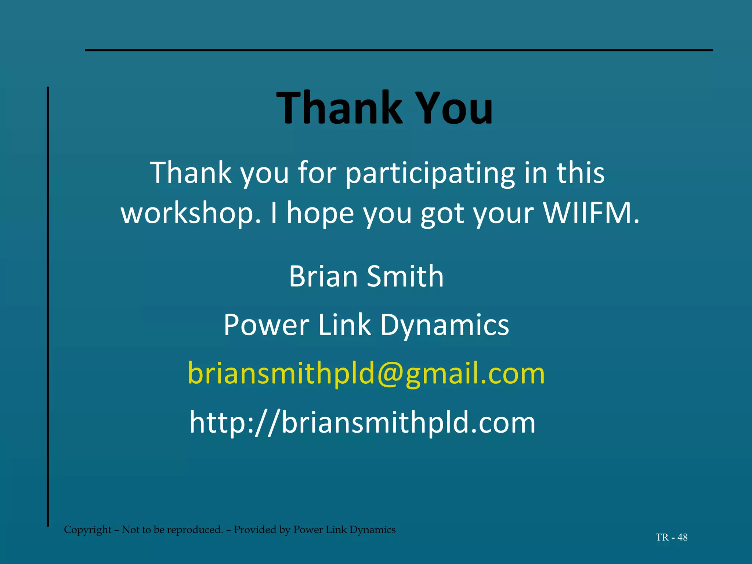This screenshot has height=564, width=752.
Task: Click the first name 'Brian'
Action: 323,276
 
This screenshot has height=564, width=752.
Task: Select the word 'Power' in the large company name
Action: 267,325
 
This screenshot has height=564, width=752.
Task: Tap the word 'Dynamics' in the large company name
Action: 444,325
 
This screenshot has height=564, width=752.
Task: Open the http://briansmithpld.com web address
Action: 362,423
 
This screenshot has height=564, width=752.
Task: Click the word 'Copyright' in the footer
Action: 87,529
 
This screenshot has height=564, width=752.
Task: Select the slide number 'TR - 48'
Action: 671,537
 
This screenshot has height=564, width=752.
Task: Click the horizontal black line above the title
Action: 399,50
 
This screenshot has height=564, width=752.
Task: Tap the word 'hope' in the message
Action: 320,214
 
